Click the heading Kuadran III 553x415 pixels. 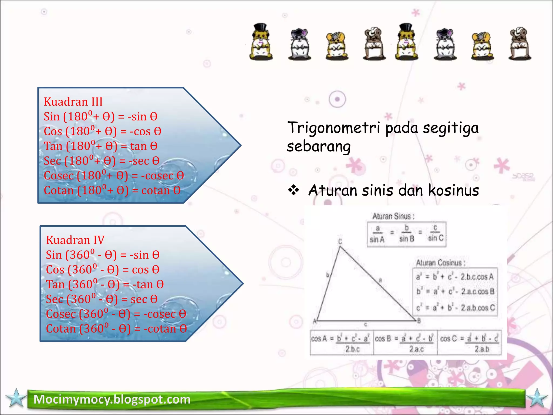(x=73, y=102)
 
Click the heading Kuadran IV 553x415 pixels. (x=75, y=240)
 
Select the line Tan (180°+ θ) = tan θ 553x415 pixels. (x=100, y=146)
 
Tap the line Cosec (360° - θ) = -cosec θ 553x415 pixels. (x=116, y=314)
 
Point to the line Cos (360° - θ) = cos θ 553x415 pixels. (x=103, y=270)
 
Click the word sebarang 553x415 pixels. (x=319, y=147)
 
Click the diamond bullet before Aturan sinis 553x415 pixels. (x=294, y=190)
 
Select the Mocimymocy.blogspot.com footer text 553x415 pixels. (x=112, y=399)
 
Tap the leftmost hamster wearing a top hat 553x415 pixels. (x=261, y=42)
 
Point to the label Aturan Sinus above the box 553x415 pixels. (x=393, y=216)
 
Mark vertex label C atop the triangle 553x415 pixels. (x=340, y=241)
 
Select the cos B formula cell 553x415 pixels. (x=405, y=343)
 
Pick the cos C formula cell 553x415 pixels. (x=469, y=343)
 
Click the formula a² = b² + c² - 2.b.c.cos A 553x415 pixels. (x=455, y=277)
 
